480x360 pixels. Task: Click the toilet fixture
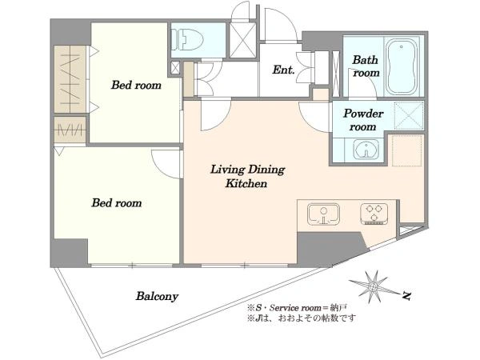click(187, 39)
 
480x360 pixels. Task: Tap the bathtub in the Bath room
click(402, 67)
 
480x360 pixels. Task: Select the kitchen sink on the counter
click(323, 214)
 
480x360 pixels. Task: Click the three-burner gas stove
click(374, 214)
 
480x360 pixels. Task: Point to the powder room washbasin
click(366, 150)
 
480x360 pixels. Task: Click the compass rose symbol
click(374, 287)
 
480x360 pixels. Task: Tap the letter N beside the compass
click(406, 296)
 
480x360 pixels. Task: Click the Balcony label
click(157, 296)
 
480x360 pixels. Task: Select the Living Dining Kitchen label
click(247, 176)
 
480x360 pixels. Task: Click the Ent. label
click(283, 70)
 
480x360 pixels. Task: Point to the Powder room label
click(363, 120)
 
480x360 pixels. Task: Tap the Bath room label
click(366, 66)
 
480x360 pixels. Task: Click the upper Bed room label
click(136, 85)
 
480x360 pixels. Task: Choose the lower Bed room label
click(117, 202)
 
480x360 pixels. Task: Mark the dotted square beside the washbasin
click(407, 150)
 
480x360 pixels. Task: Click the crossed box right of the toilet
click(242, 40)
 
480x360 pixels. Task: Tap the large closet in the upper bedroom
click(70, 79)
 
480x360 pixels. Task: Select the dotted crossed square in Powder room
click(409, 117)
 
